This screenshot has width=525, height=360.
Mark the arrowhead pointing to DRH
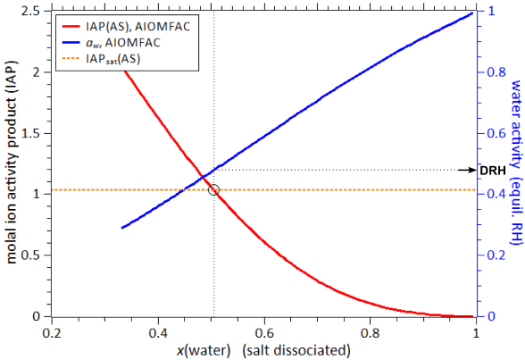click(x=473, y=170)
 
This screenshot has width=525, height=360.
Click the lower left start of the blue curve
click(x=122, y=228)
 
